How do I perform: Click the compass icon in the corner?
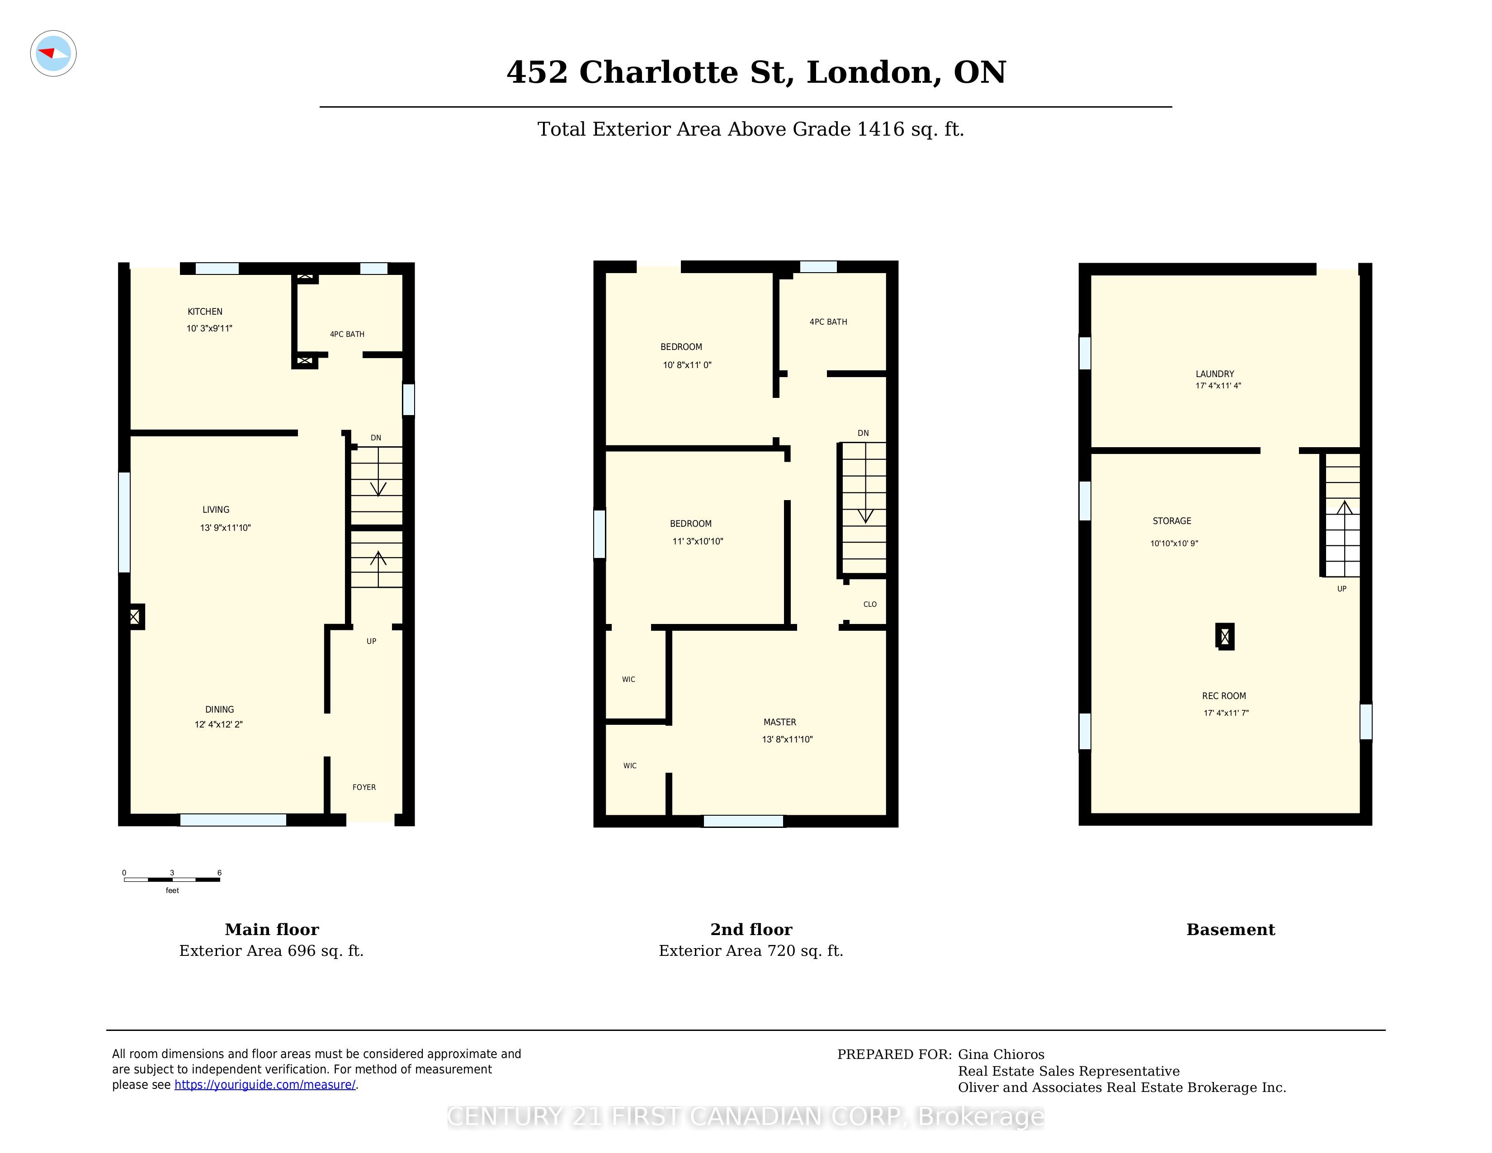tap(53, 53)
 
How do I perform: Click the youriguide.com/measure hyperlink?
tap(265, 1085)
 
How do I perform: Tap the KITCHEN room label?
tap(205, 312)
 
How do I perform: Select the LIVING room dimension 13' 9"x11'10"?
tap(226, 527)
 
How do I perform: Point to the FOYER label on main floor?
tap(364, 787)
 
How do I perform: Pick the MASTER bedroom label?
tap(779, 722)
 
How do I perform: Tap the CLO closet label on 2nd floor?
tap(869, 604)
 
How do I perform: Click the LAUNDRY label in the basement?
tap(1215, 373)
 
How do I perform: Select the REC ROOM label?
tap(1224, 696)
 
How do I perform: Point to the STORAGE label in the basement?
tap(1171, 520)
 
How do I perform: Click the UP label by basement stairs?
tap(1342, 589)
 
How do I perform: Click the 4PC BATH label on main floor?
tap(347, 334)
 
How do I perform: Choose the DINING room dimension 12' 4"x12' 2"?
tap(219, 724)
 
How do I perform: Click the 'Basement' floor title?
tap(1230, 930)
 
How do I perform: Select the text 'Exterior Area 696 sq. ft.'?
tap(271, 951)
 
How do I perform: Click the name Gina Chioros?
tap(1001, 1054)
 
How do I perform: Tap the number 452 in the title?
tap(537, 72)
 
